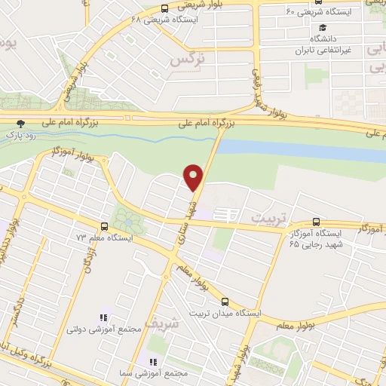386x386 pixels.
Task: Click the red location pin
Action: pyautogui.click(x=194, y=178)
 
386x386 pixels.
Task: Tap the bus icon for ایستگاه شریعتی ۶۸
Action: pyautogui.click(x=164, y=10)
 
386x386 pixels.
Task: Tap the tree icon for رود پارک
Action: pyautogui.click(x=21, y=124)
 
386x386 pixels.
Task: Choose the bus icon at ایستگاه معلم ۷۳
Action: pyautogui.click(x=104, y=225)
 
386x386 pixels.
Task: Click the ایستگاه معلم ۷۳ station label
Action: pyautogui.click(x=106, y=237)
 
